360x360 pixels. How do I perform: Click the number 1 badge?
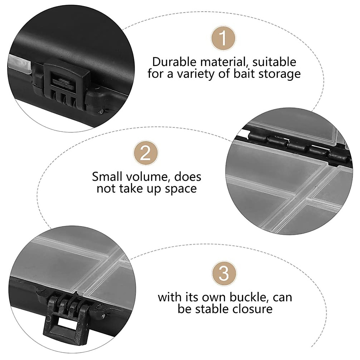coord(223,39)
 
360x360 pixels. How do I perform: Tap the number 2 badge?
coord(146,153)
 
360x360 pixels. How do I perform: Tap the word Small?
coord(107,176)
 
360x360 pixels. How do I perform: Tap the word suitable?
coord(274,62)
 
